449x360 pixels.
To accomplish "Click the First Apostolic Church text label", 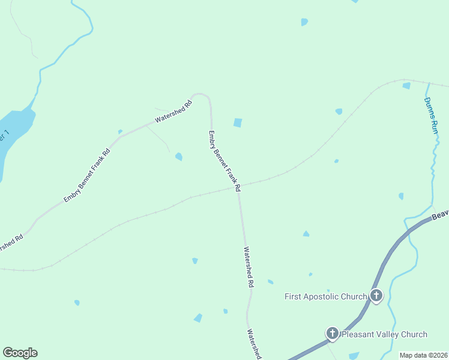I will point(325,296).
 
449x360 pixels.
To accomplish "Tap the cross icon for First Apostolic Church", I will point(376,295).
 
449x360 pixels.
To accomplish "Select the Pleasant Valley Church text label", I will point(384,334).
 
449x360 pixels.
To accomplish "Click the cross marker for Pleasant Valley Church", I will point(333,333).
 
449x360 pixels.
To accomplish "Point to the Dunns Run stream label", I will point(430,115).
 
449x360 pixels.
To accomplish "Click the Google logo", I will point(20,353).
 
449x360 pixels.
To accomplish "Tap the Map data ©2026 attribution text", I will point(423,355).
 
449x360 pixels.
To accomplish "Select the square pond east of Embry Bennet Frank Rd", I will point(238,123).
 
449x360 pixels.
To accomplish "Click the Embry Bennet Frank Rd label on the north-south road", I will point(224,161).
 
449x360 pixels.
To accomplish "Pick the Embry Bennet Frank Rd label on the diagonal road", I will point(87,175).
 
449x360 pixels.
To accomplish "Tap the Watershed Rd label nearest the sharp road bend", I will point(173,111).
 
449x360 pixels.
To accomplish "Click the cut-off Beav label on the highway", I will point(441,214).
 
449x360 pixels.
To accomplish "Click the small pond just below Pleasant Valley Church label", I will point(354,355).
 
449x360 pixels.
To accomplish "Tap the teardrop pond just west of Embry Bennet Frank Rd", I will point(179,157).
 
